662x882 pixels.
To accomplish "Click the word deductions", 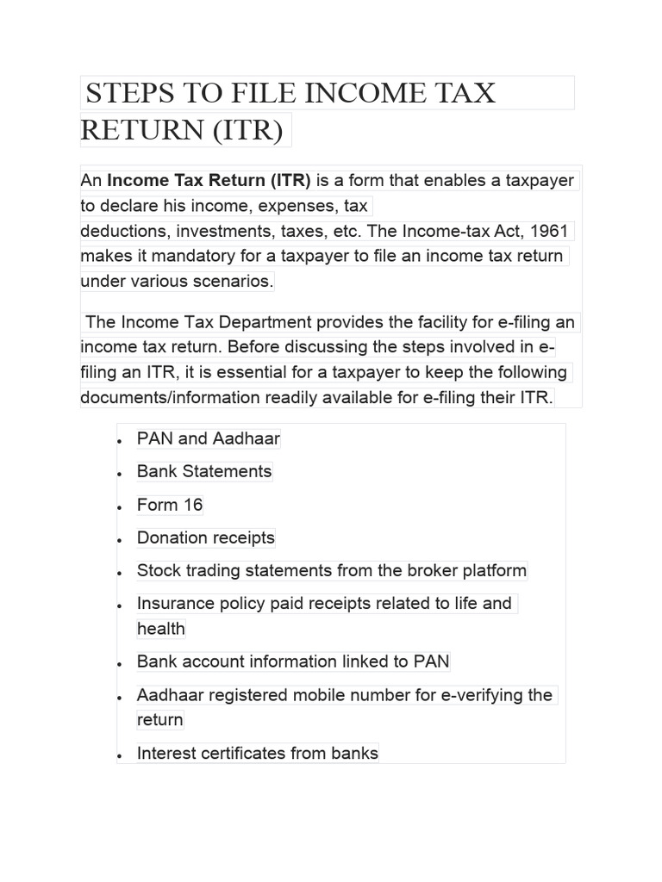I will [121, 231].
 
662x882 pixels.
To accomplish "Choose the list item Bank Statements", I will [204, 471].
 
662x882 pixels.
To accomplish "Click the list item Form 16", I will [170, 505].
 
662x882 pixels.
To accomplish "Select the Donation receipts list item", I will [205, 538].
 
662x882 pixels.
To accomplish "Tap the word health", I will [161, 629].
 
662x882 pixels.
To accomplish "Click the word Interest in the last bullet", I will [166, 754].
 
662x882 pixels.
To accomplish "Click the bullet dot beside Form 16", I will [120, 507].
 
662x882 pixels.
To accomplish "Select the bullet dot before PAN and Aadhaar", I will [120, 441].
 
